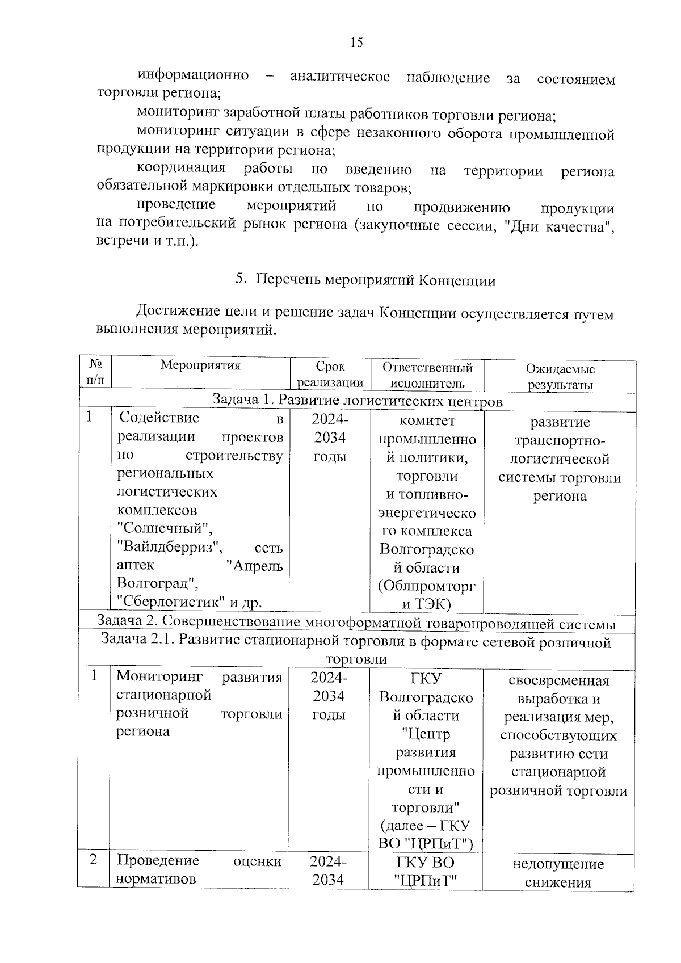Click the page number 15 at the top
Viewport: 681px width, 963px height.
pos(356,43)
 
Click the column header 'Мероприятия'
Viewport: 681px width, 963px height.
pos(200,365)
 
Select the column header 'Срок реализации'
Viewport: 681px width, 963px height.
pos(330,375)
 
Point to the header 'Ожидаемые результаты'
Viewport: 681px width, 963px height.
pos(560,376)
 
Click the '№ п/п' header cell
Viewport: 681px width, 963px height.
pos(96,371)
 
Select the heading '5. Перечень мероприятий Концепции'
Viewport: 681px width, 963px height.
pos(365,280)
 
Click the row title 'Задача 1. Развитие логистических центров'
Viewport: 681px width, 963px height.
pos(358,401)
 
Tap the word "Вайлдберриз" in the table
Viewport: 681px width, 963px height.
pos(169,548)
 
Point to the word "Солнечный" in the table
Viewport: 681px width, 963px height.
pos(164,528)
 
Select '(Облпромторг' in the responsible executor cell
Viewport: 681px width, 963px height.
pos(427,586)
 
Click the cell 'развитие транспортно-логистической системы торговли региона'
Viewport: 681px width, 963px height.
pos(560,459)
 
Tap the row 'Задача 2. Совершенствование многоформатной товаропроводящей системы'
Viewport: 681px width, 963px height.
pos(356,623)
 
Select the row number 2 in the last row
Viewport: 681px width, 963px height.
pos(93,860)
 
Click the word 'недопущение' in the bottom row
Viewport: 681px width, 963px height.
pos(558,864)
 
